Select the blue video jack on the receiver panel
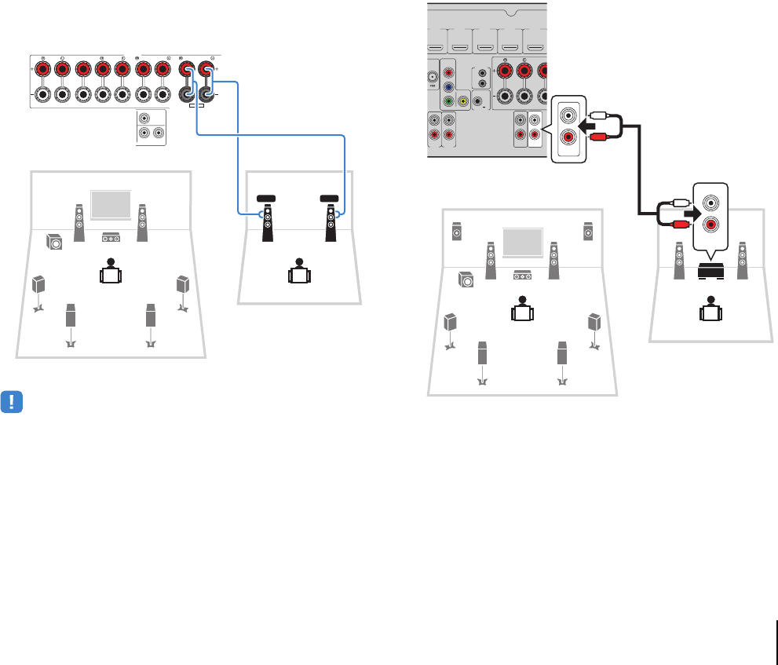[x=447, y=89]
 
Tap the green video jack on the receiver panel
[x=447, y=100]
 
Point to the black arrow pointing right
[x=688, y=212]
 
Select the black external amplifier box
[x=711, y=272]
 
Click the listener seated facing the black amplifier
[x=711, y=307]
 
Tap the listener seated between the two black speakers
[x=298, y=270]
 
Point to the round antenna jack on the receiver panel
[x=430, y=77]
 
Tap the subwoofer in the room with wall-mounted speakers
[x=466, y=278]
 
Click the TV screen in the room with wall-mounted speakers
[x=522, y=243]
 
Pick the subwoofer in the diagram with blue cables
[x=54, y=242]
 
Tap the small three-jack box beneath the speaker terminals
[x=151, y=126]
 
